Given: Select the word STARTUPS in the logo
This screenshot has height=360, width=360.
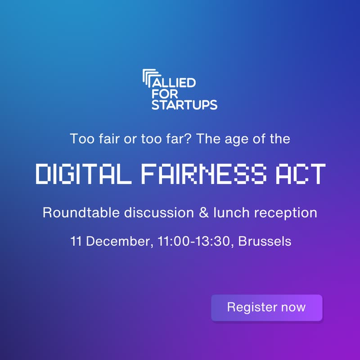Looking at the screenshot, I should tap(184, 105).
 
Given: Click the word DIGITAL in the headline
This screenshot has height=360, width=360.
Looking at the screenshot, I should tap(81, 174).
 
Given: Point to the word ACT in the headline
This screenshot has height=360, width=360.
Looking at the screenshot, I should tap(303, 174).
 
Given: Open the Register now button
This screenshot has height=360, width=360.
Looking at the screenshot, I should tap(266, 308).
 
